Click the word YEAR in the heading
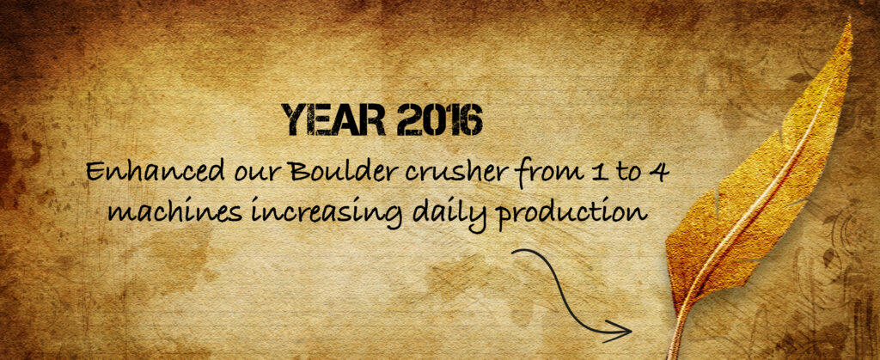pos(333,120)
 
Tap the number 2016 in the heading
pos(439,120)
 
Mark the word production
pos(572,214)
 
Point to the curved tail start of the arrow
pos(516,253)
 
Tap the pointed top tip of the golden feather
pos(849,22)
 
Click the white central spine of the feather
pos(759,192)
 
